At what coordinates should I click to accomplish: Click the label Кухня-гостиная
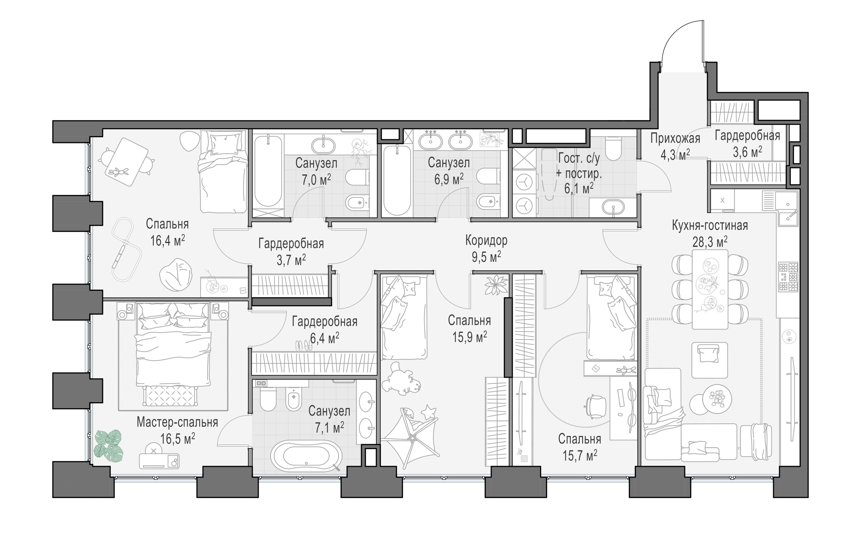(x=710, y=225)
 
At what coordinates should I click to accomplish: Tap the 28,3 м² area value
(x=710, y=242)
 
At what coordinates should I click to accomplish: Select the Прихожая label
(x=675, y=139)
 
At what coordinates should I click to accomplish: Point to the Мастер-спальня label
(x=177, y=422)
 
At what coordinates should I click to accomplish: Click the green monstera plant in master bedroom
(x=108, y=445)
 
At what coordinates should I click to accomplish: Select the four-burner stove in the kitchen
(x=788, y=277)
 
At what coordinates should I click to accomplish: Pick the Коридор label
(x=486, y=240)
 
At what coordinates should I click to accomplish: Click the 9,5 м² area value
(x=486, y=257)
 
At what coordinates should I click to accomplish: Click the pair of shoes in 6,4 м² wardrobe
(x=304, y=345)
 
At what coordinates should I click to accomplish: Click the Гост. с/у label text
(x=579, y=158)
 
